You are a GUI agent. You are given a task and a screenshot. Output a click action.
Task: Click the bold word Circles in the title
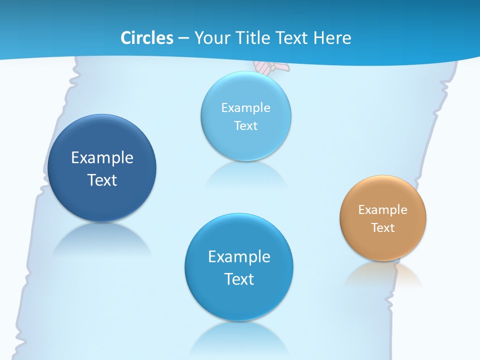click(x=147, y=38)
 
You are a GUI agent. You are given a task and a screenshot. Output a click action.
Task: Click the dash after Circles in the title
click(x=183, y=38)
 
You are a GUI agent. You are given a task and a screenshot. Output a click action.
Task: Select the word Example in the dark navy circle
click(x=102, y=158)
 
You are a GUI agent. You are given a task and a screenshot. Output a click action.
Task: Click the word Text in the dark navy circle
click(x=102, y=180)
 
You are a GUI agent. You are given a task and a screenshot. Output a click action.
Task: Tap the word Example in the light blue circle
click(x=245, y=108)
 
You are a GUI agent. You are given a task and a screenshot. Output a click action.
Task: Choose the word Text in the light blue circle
click(x=245, y=125)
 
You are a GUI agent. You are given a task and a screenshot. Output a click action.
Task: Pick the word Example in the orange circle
click(x=382, y=210)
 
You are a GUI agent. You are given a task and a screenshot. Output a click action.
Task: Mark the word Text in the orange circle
click(x=382, y=228)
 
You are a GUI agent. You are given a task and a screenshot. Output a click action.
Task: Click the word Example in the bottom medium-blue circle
click(x=239, y=257)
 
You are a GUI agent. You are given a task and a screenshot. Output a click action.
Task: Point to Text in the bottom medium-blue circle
click(x=239, y=279)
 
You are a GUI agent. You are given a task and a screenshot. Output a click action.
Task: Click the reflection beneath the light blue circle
click(x=245, y=175)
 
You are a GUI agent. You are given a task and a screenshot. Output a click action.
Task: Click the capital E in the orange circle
click(x=361, y=210)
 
